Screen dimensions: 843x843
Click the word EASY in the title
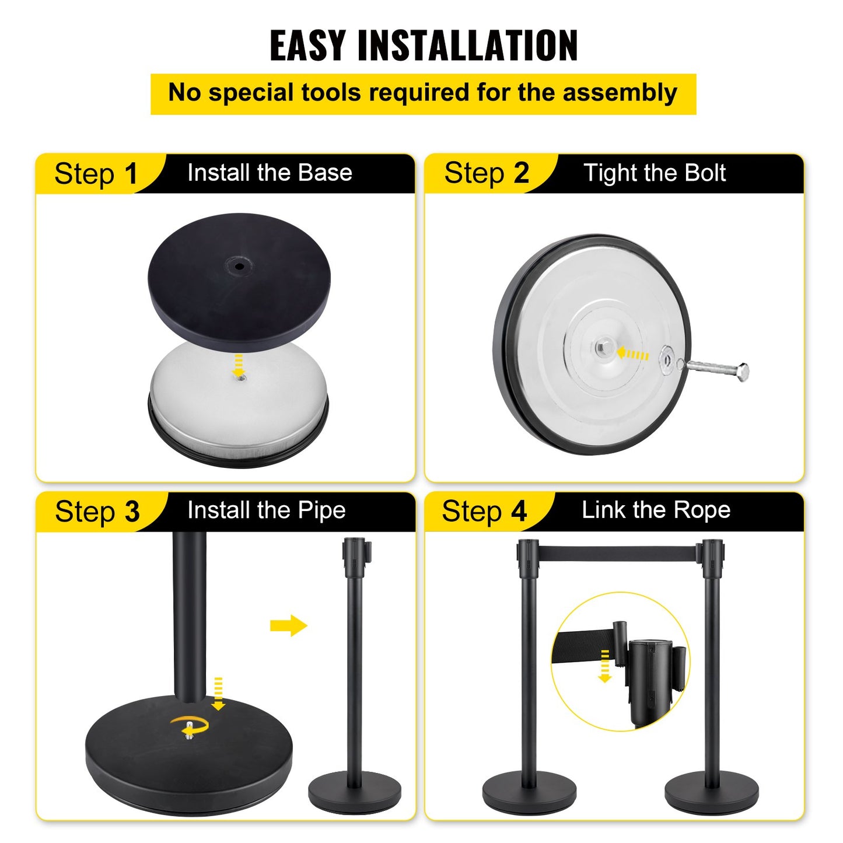click(307, 46)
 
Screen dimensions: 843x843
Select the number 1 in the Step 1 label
click(131, 174)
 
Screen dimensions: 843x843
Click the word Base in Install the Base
click(325, 173)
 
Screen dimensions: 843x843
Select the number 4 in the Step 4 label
click(519, 512)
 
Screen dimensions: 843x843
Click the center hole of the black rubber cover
click(239, 266)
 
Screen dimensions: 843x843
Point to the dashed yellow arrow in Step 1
click(238, 365)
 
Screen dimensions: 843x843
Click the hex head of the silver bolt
click(741, 372)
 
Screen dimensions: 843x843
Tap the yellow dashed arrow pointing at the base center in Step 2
click(633, 354)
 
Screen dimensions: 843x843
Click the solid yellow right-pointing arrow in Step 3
click(289, 625)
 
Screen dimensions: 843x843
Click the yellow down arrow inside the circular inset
click(605, 666)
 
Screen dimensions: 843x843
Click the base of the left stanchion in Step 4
click(529, 793)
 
